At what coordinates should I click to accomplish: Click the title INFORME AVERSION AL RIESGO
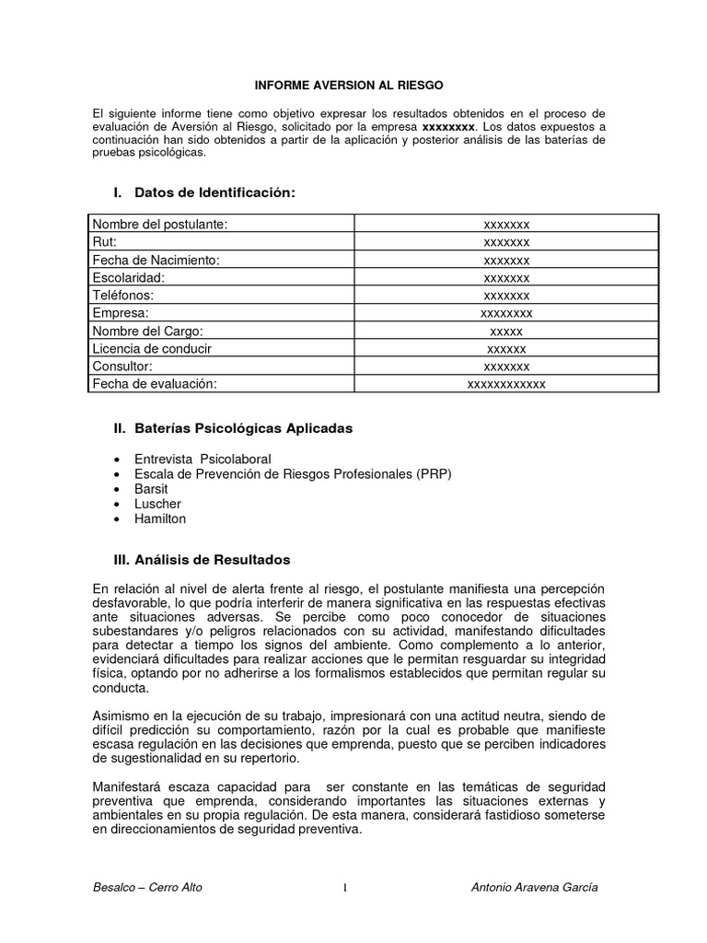(x=349, y=85)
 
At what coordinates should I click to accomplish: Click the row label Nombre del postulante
(x=159, y=224)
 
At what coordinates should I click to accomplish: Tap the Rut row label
(x=105, y=242)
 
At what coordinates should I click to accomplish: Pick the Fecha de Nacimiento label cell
(x=156, y=260)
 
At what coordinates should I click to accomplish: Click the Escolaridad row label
(x=128, y=277)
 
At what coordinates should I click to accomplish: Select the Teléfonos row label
(x=122, y=296)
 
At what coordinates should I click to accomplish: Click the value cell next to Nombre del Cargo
(x=505, y=331)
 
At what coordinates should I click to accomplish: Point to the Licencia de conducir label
(x=152, y=348)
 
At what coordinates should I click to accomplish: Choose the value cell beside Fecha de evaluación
(x=505, y=384)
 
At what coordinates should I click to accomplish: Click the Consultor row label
(x=122, y=367)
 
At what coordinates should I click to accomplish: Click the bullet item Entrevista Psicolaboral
(x=203, y=459)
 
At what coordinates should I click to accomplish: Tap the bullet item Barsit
(x=151, y=489)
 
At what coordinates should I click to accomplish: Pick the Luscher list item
(x=157, y=504)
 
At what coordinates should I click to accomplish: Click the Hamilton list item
(x=160, y=518)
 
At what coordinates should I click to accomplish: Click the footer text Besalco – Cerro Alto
(x=147, y=888)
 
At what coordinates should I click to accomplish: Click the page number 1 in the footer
(x=344, y=889)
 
